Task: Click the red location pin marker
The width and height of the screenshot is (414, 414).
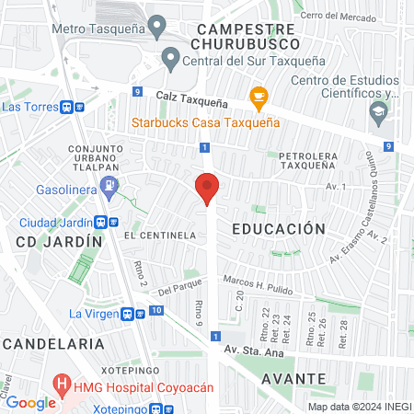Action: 207,188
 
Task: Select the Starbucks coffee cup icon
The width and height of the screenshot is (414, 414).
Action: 259,95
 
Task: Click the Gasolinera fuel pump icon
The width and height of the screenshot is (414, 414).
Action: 110,187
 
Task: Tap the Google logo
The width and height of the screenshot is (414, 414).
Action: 30,402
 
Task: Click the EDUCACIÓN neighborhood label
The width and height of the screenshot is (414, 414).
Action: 278,228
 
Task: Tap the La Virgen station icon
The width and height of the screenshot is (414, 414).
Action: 139,313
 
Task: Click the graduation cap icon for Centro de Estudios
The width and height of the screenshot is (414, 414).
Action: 378,114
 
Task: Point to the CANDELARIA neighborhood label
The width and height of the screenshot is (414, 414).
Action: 52,342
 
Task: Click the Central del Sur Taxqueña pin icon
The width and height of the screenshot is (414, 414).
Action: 170,62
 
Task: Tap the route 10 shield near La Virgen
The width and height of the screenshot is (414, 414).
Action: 157,311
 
